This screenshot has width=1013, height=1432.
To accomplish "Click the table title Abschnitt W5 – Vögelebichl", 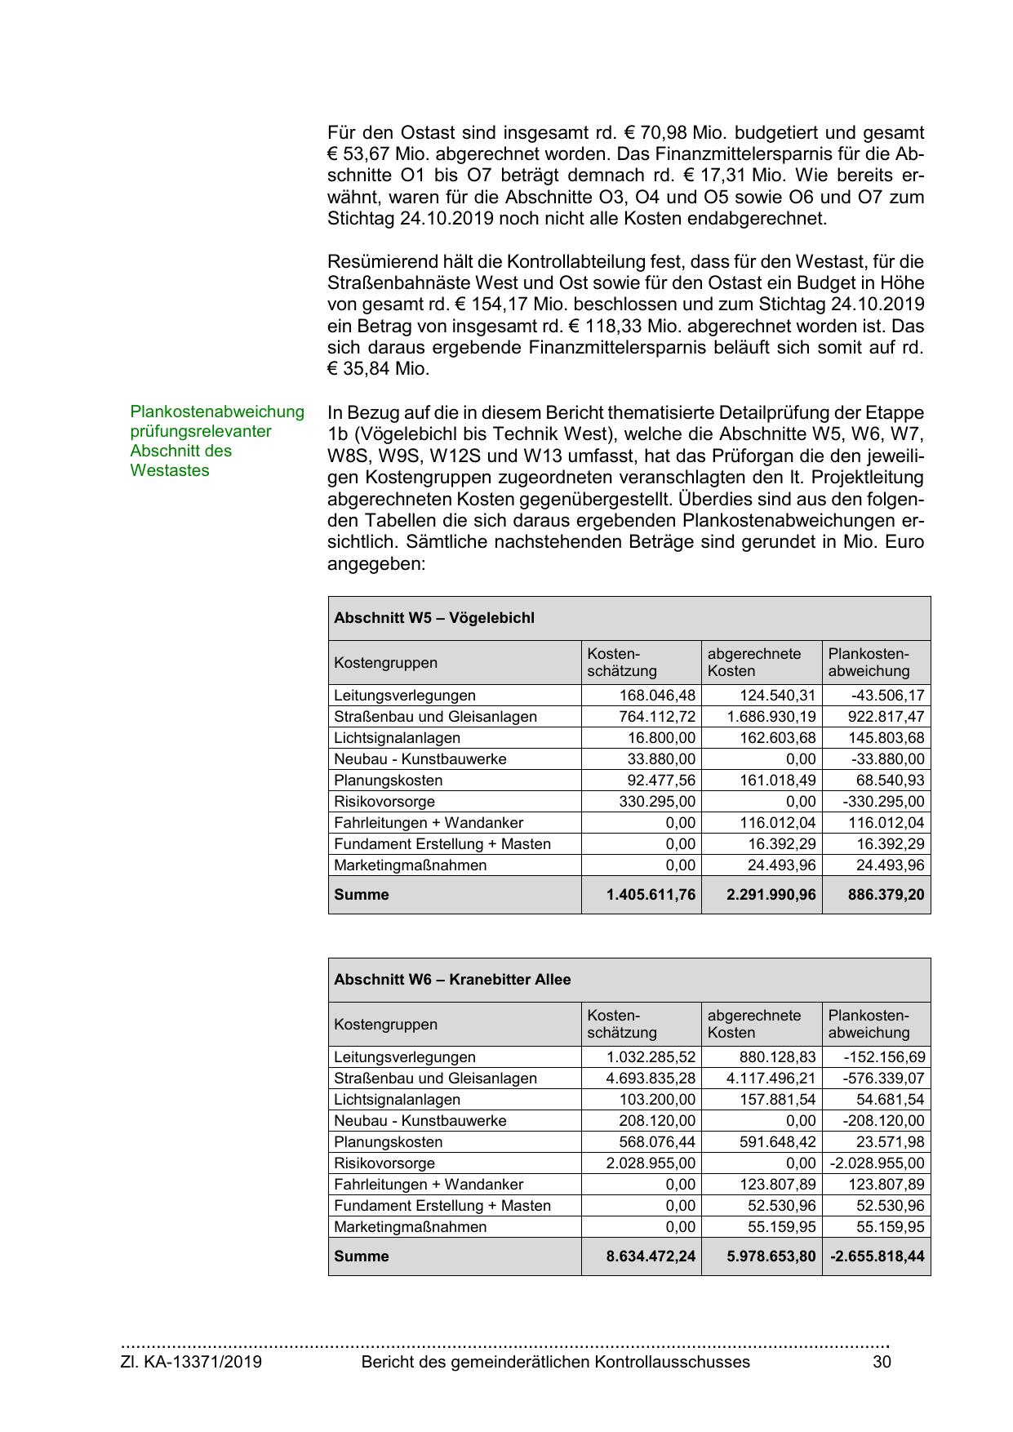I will (433, 618).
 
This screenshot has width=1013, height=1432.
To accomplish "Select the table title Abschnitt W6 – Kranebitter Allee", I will (452, 980).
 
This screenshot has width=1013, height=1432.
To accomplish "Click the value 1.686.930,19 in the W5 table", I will (771, 717).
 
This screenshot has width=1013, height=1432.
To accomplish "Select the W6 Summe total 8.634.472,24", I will (651, 1256).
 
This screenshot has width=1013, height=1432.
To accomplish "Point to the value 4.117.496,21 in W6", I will (771, 1078).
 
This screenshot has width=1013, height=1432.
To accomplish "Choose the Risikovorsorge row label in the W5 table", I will (384, 802).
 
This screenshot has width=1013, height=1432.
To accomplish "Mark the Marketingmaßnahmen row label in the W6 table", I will (410, 1227).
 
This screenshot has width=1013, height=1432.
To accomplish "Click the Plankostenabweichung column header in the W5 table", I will (869, 662).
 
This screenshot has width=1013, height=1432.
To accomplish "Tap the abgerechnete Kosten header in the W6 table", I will (753, 1024).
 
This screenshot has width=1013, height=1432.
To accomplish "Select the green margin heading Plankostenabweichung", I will (217, 412).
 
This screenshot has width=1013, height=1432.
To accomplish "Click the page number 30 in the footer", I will (882, 1362).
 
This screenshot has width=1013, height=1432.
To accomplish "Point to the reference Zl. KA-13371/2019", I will (191, 1362).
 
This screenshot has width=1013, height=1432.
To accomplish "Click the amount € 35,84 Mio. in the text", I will (378, 369).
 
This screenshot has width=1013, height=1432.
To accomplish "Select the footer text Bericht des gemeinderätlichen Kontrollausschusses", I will (555, 1362).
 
